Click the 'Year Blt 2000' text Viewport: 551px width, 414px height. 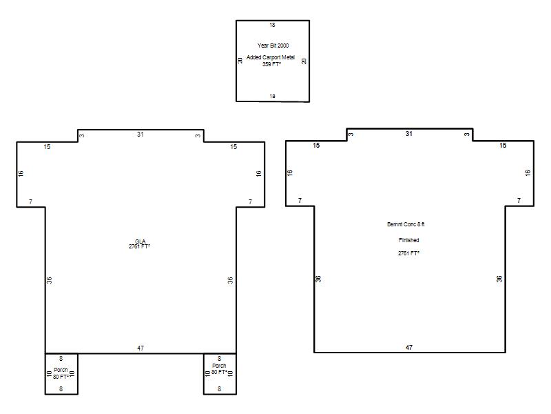(x=273, y=46)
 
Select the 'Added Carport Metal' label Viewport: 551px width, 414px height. (x=271, y=57)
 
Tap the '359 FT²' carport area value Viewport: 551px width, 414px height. (x=271, y=64)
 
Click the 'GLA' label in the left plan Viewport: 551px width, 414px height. (x=140, y=241)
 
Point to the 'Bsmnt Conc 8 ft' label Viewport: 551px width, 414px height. (x=406, y=224)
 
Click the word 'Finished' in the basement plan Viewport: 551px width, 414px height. (x=408, y=240)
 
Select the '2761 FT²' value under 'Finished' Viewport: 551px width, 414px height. (x=408, y=253)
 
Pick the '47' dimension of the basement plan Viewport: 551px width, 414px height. (x=409, y=348)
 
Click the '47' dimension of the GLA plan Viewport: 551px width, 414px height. (x=141, y=348)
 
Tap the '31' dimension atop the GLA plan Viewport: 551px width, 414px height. (x=141, y=134)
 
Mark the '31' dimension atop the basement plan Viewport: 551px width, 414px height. (x=409, y=134)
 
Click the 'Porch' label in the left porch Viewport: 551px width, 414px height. (x=61, y=370)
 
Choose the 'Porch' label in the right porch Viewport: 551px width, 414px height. (x=219, y=366)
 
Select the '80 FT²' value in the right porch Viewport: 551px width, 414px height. (x=219, y=372)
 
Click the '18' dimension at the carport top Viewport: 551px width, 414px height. (x=272, y=25)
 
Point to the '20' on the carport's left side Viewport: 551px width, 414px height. (x=240, y=61)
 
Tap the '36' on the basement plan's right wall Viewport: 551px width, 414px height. (x=499, y=279)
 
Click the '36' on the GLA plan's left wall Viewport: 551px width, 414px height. (x=49, y=280)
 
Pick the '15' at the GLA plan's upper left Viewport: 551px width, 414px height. (x=47, y=147)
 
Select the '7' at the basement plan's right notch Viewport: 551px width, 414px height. (x=519, y=201)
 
